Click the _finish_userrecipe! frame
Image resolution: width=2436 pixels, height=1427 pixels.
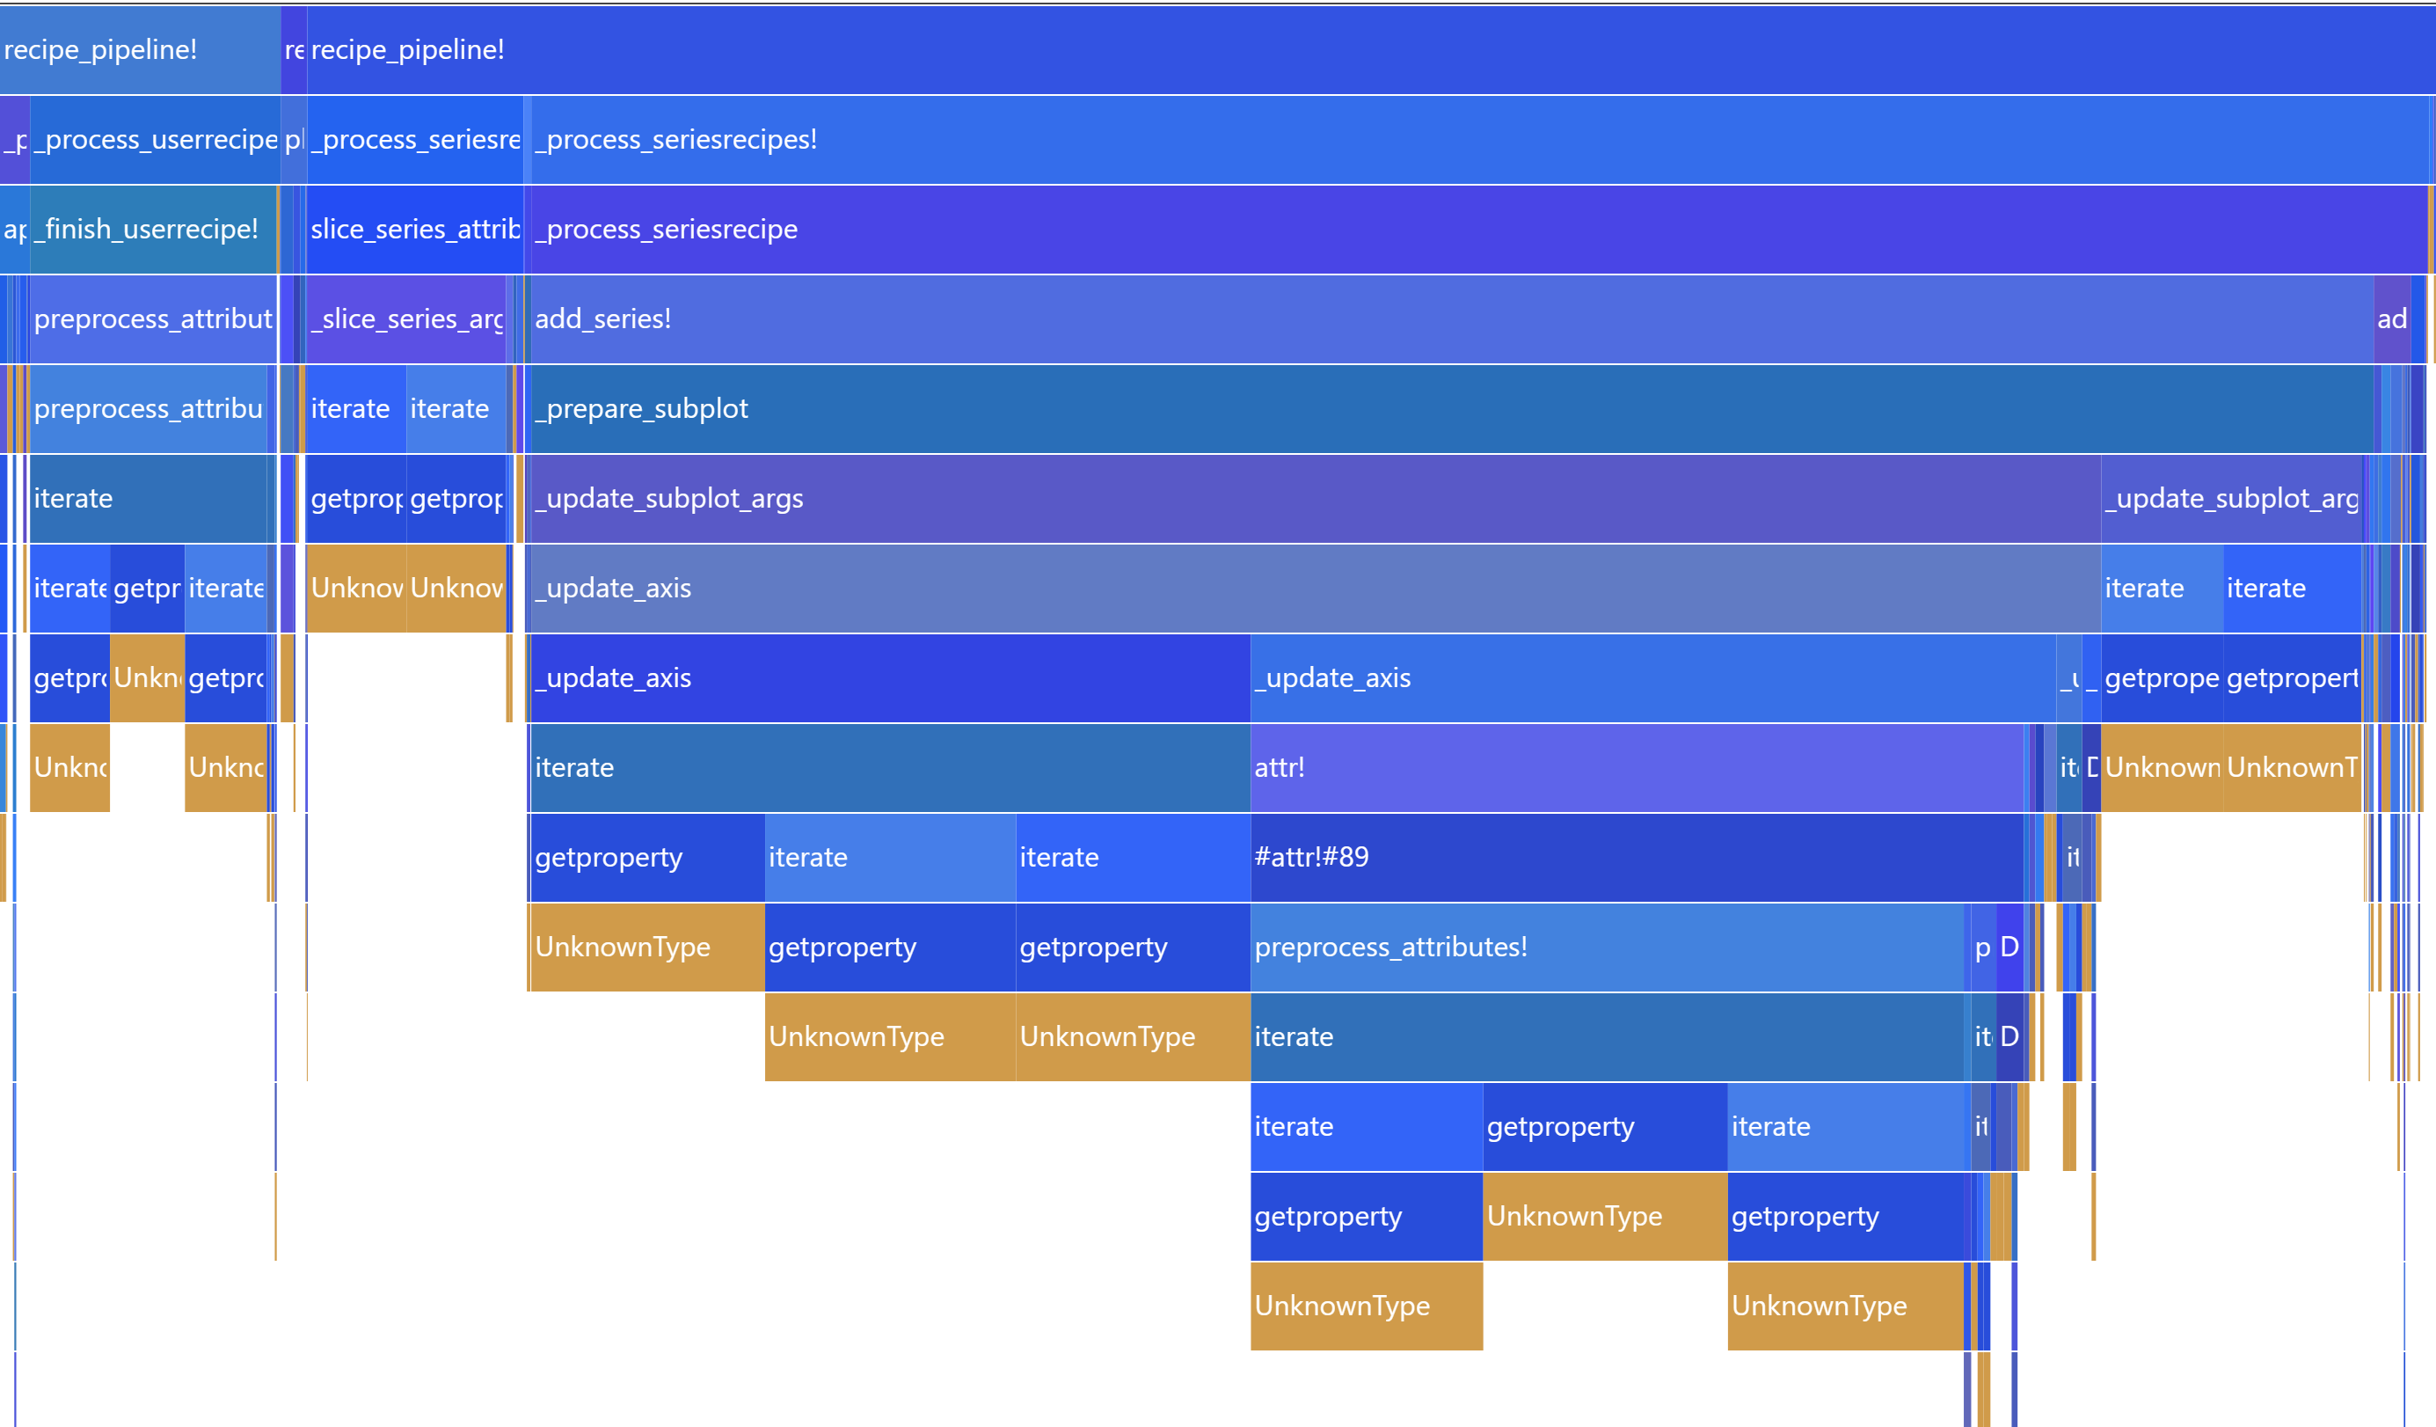(x=153, y=229)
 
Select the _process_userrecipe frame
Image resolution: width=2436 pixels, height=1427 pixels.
(x=155, y=139)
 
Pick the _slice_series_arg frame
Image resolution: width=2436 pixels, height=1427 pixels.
(x=406, y=319)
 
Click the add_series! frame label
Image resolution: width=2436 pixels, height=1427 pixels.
(x=603, y=319)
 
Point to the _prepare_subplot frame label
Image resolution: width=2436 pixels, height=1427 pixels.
(x=642, y=409)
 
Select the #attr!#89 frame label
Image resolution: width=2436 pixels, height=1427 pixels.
(x=1312, y=858)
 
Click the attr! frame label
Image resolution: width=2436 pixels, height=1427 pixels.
(x=1280, y=768)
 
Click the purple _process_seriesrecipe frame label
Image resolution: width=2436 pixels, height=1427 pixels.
(x=667, y=229)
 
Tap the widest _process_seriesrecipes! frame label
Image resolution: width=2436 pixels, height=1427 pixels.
(x=676, y=139)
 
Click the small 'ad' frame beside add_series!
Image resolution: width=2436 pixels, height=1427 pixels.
(x=2391, y=319)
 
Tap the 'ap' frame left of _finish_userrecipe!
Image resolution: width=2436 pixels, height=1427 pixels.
(x=14, y=229)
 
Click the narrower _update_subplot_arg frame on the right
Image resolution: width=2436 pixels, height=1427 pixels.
(x=2231, y=499)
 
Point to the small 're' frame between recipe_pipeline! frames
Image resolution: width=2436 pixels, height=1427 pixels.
(x=294, y=49)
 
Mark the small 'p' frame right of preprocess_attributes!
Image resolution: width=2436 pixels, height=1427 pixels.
(x=1982, y=948)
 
